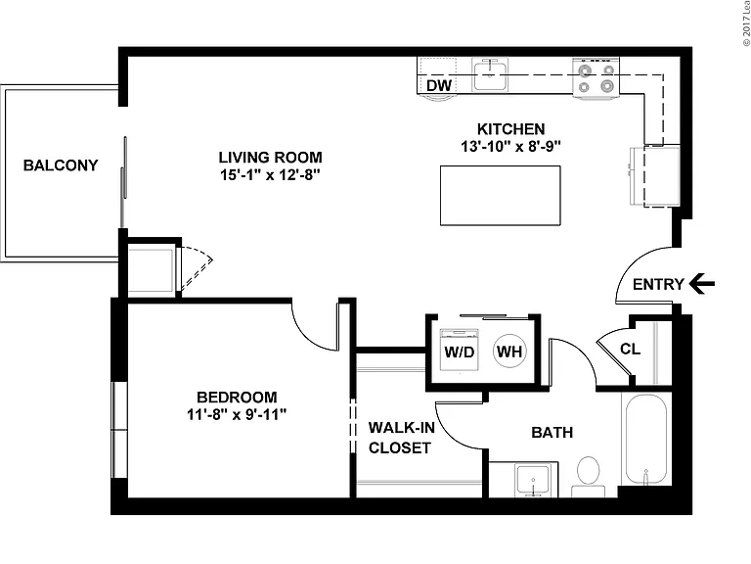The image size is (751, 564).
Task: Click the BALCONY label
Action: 61,165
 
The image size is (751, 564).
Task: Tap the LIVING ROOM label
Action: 270,158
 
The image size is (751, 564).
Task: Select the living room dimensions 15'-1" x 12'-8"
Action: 270,175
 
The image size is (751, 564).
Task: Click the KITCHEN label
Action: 511,129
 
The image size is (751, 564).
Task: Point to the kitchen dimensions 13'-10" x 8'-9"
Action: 511,146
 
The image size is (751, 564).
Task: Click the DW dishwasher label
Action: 439,85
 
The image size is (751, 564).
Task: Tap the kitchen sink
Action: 490,74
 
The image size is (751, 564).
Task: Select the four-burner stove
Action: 596,78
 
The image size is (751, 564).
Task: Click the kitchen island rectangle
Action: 500,195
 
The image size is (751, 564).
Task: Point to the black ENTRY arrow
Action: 702,283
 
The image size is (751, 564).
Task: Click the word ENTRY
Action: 658,284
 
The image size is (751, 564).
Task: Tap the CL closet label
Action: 630,349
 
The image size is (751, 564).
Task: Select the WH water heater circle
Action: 509,352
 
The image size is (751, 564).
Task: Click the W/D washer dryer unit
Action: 460,351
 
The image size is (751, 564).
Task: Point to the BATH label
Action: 552,433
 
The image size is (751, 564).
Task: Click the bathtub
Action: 645,439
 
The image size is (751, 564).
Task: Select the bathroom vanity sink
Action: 533,480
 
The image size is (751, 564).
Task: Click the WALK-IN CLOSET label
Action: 401,438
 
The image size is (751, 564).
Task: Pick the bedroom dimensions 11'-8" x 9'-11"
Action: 237,414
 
